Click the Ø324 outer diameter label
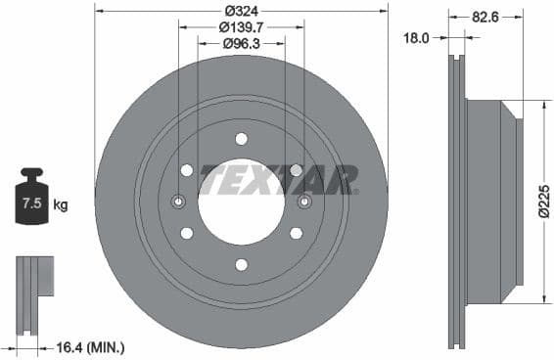[x=241, y=10]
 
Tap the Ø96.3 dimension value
[x=241, y=43]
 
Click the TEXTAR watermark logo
[x=278, y=180]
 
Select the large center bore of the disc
[x=241, y=202]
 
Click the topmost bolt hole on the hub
[x=241, y=138]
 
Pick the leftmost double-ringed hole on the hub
[x=178, y=202]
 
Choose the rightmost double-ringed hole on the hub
[x=304, y=202]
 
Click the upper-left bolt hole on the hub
[x=186, y=170]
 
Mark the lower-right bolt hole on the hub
[x=296, y=233]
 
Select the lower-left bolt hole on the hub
[x=186, y=233]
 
